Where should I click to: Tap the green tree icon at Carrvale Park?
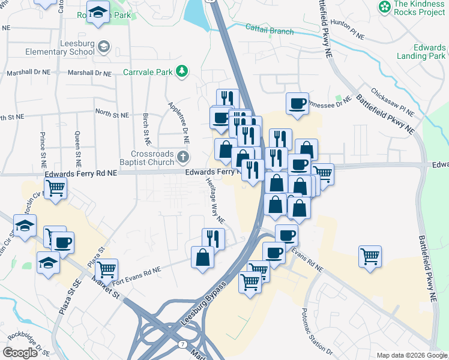point(182,73)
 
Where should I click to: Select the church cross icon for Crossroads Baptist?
point(184,157)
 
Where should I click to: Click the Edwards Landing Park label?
point(421,52)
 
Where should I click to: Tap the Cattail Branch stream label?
point(270,29)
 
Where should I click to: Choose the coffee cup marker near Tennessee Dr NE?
point(297,103)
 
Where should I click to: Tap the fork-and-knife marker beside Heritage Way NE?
point(214,238)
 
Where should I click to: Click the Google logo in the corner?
point(20,353)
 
